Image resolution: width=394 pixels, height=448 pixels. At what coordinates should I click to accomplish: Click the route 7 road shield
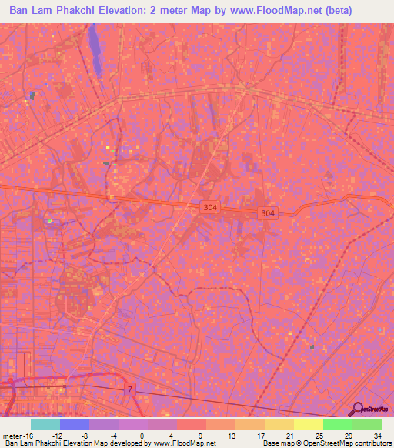130,390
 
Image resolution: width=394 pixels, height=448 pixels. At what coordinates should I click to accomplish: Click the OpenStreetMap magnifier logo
358,409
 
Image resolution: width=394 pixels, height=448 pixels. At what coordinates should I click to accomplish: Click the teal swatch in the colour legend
45,423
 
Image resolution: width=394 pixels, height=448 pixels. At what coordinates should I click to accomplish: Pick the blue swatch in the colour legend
75,423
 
